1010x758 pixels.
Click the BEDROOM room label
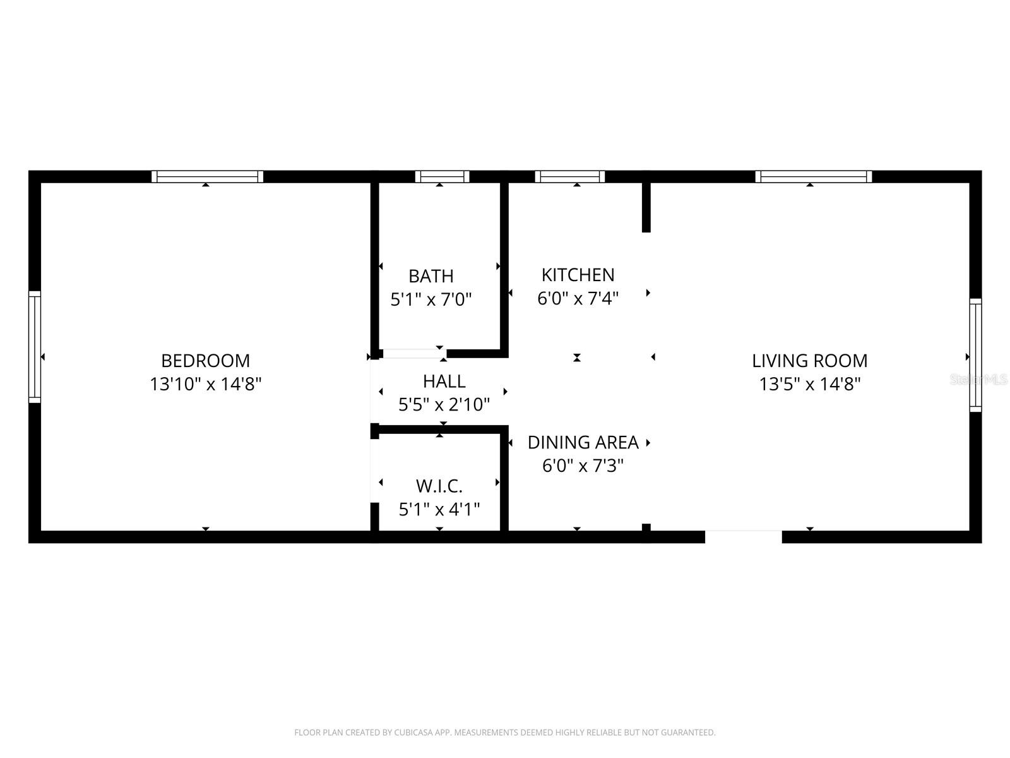(x=205, y=361)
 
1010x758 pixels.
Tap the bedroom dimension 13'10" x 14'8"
(x=205, y=384)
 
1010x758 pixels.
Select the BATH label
(x=431, y=276)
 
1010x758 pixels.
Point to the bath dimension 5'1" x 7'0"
(x=431, y=299)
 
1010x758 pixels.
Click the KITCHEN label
(x=578, y=275)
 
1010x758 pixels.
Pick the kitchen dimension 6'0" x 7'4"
(x=578, y=298)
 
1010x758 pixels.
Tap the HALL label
(x=444, y=381)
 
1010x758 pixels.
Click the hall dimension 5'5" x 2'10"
(x=444, y=404)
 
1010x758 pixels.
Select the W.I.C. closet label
(x=439, y=486)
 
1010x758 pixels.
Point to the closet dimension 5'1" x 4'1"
(x=439, y=509)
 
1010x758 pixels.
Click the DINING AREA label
(x=583, y=442)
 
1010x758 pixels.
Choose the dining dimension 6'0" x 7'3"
(x=583, y=466)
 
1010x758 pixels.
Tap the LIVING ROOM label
(x=809, y=361)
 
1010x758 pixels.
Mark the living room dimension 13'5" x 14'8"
(x=809, y=384)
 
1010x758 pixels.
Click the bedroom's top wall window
(x=207, y=176)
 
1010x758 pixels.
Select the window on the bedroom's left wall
(x=35, y=347)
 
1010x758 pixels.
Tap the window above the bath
(x=442, y=176)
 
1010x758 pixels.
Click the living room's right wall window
(x=975, y=355)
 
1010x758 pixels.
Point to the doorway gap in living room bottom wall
(x=743, y=536)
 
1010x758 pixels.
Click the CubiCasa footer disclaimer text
(x=504, y=733)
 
